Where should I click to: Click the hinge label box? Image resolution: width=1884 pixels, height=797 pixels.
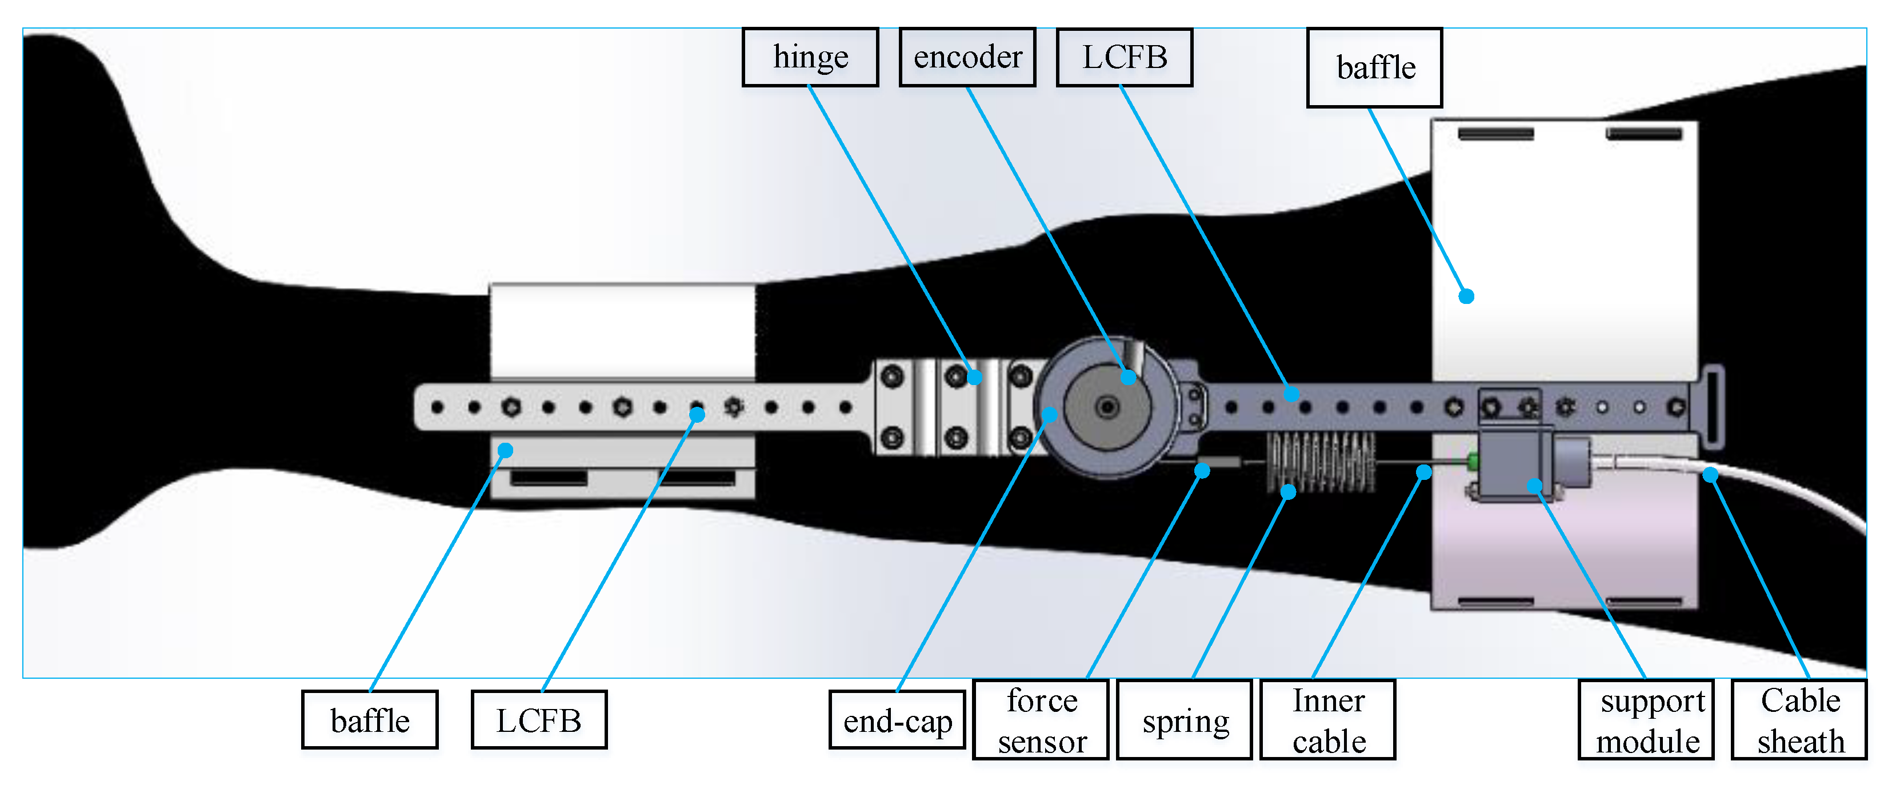click(810, 57)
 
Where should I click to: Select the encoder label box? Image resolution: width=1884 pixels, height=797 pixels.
click(967, 57)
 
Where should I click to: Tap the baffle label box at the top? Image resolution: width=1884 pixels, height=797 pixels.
click(1374, 67)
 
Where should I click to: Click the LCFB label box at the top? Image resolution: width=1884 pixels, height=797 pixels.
click(1124, 57)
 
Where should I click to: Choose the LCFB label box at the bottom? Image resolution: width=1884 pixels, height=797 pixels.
click(539, 720)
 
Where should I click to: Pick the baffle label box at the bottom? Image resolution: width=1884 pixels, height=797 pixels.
click(370, 720)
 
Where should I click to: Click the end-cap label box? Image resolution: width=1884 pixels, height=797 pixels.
click(897, 720)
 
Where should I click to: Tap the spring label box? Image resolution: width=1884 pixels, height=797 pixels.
click(1185, 720)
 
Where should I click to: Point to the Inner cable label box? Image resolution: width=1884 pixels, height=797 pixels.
click(1328, 720)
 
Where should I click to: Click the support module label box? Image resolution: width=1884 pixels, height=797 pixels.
click(1646, 720)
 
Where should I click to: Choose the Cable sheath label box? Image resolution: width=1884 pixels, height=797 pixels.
click(1799, 720)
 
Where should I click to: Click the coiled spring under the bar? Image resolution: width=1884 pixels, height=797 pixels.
click(1321, 460)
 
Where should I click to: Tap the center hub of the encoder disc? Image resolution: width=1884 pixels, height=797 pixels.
click(1108, 407)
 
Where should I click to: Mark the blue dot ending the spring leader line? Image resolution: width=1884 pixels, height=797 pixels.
click(1289, 492)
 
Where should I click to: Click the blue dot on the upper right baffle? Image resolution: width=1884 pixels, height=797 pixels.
click(1466, 296)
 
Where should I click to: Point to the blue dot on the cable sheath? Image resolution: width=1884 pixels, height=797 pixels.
click(1710, 475)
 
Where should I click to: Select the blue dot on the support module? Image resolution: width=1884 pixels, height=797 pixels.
click(1534, 485)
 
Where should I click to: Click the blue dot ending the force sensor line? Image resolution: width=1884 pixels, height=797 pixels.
click(1202, 471)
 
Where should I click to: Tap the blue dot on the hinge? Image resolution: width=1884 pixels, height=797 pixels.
click(974, 377)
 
